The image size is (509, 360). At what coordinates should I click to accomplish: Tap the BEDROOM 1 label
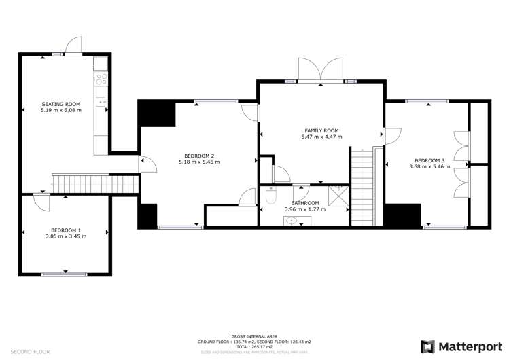(65, 230)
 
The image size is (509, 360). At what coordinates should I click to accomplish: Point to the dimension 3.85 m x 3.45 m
(65, 236)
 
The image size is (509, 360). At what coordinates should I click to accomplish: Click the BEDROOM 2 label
(199, 156)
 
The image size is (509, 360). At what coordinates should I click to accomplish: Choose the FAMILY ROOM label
(321, 130)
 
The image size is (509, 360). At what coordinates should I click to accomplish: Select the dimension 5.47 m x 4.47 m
(321, 137)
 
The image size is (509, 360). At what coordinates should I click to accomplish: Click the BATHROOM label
(305, 203)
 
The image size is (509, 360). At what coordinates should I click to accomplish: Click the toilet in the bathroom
(271, 196)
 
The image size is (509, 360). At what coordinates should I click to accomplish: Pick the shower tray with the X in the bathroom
(338, 195)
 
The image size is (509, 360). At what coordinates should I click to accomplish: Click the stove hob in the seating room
(101, 79)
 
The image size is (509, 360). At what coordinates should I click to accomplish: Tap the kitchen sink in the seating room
(101, 103)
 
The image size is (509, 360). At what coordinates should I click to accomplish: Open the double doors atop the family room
(321, 70)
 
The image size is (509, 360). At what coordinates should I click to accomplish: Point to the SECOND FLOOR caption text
(31, 352)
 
